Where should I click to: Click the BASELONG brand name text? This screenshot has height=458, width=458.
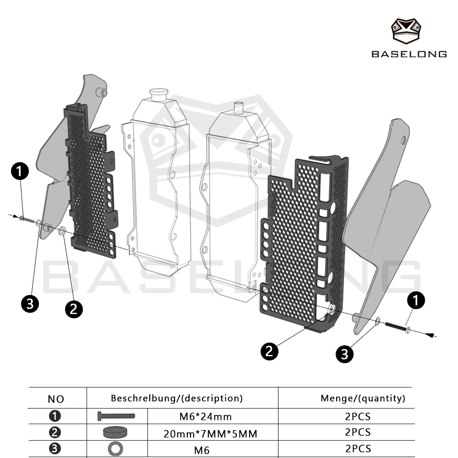[x=409, y=54]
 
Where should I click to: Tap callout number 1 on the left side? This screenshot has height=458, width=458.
[x=20, y=172]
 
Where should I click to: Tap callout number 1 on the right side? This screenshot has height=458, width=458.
[x=415, y=300]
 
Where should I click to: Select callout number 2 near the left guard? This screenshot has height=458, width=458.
[x=73, y=309]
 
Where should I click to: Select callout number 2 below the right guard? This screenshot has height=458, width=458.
[x=270, y=351]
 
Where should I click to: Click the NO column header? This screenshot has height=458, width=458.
[x=56, y=399]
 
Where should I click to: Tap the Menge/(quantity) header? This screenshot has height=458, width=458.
[x=363, y=398]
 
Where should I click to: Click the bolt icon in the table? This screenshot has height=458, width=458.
[x=116, y=416]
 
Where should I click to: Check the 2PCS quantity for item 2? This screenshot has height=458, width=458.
[x=358, y=432]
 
